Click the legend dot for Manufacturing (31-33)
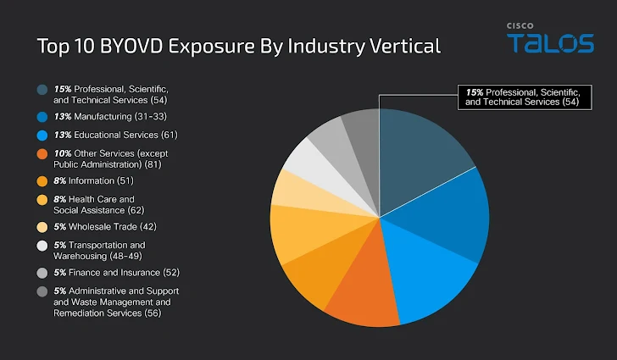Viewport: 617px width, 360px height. coord(42,116)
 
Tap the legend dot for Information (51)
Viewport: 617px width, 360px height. coord(42,180)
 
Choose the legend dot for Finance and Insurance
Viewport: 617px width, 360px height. coord(42,273)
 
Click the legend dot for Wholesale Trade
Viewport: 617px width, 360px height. coord(42,227)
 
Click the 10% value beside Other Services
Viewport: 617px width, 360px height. coord(62,153)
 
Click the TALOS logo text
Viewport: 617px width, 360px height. coord(550,43)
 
